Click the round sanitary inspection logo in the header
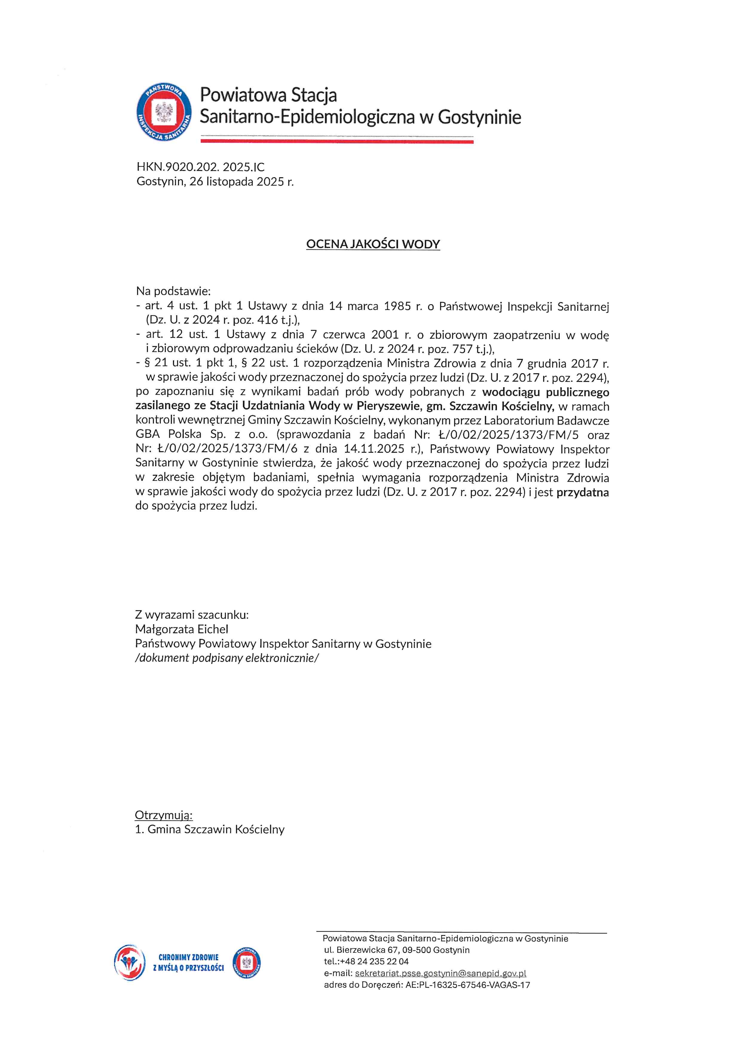point(165,112)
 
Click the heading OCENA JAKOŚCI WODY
point(373,244)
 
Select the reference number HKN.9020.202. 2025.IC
point(200,167)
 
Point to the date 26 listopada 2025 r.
point(241,182)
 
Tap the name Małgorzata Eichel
point(182,629)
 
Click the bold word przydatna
point(582,492)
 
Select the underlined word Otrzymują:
point(164,815)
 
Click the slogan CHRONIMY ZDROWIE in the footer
point(189,957)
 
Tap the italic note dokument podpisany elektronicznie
point(227,658)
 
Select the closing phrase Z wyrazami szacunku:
point(192,614)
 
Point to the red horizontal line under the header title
point(337,142)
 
